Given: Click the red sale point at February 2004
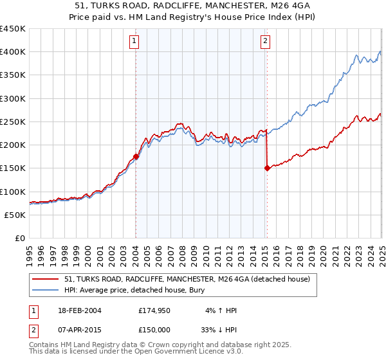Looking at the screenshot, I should (136, 156).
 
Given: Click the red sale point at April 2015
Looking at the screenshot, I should (266, 168).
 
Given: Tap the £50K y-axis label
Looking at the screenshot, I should (15, 215).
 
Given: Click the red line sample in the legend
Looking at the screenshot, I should (45, 279).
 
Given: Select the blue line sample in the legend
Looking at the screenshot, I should (45, 290).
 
